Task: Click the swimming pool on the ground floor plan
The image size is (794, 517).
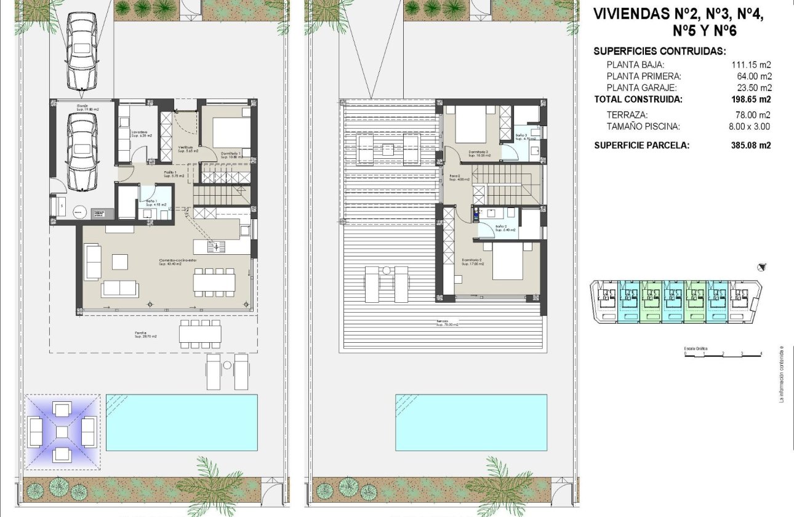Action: pyautogui.click(x=182, y=422)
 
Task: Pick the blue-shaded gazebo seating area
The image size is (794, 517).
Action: pyautogui.click(x=62, y=431)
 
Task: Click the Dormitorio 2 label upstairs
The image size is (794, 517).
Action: pyautogui.click(x=473, y=262)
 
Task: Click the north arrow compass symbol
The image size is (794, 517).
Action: pyautogui.click(x=762, y=267)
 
